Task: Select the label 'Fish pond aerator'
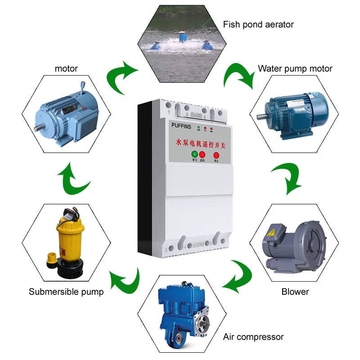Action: click(x=258, y=24)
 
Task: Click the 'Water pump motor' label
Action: click(x=295, y=68)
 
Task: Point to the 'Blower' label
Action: click(x=295, y=292)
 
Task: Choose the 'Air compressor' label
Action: click(x=253, y=337)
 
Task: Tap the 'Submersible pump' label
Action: click(x=66, y=292)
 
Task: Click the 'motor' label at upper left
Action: click(x=66, y=69)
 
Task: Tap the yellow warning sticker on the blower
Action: click(x=272, y=231)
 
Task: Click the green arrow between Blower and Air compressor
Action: click(x=238, y=274)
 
